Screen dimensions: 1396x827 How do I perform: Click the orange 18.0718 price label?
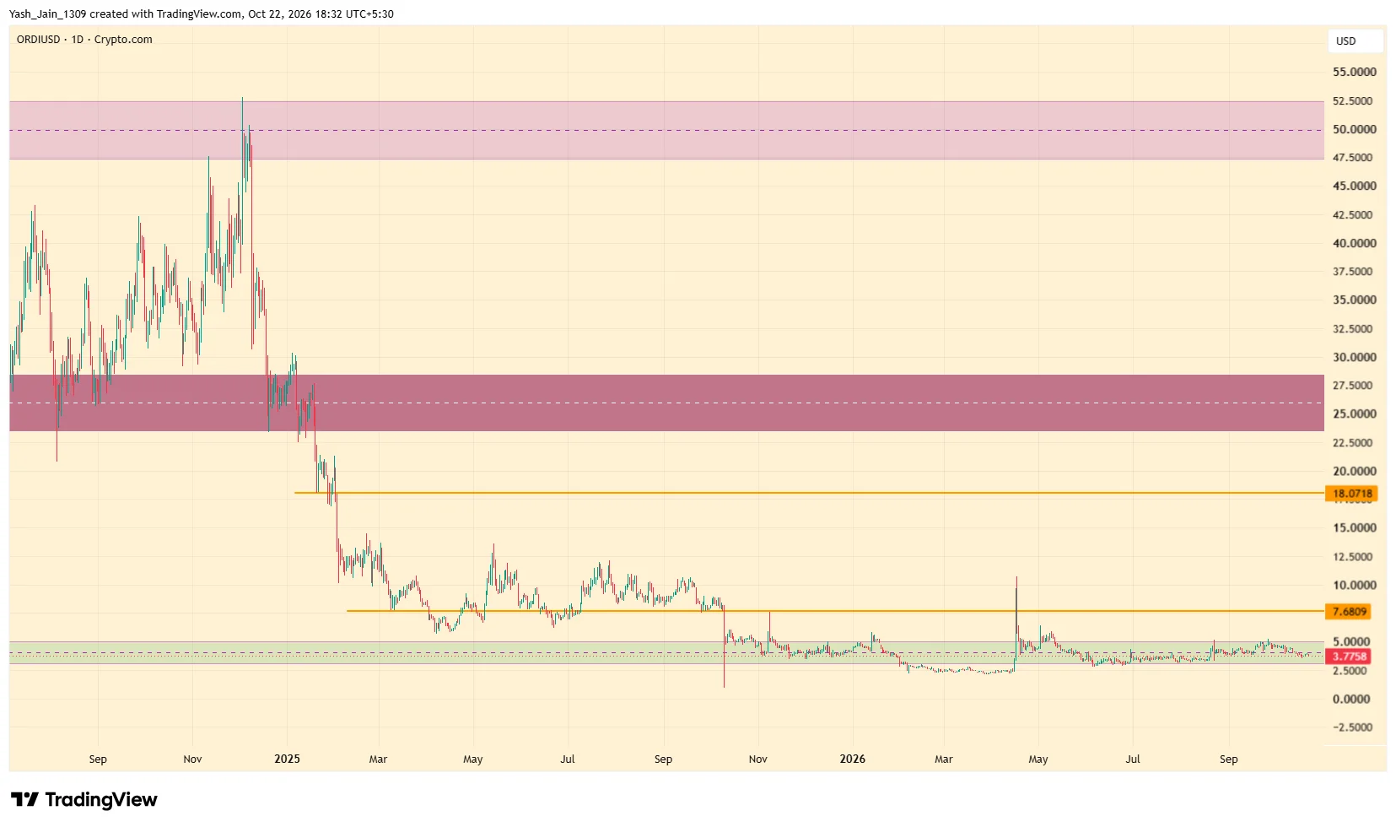tap(1350, 494)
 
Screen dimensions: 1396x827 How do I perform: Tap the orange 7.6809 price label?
tap(1350, 612)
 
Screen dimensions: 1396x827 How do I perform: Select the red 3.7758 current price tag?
tap(1350, 656)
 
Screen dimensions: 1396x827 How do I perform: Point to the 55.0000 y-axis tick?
tap(1354, 73)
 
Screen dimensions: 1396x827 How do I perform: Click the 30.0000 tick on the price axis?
tap(1354, 357)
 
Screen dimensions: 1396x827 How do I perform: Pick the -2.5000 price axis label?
tap(1352, 727)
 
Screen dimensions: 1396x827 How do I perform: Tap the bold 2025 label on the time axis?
tap(288, 759)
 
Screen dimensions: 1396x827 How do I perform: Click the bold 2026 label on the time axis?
tap(853, 759)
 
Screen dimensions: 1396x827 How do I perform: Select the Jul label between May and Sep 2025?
tap(567, 759)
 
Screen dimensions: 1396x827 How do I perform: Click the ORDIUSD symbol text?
tap(38, 40)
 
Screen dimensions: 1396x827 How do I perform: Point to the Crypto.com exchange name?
tap(123, 40)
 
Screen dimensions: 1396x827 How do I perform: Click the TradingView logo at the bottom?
tap(84, 799)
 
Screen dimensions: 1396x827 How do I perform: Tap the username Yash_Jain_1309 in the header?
tap(47, 14)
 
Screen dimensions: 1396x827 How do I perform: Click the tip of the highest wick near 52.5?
tap(242, 97)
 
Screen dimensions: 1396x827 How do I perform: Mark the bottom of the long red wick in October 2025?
tap(725, 687)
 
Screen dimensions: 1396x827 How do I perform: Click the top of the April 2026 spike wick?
tap(1016, 577)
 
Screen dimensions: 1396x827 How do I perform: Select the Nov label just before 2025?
tap(192, 759)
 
